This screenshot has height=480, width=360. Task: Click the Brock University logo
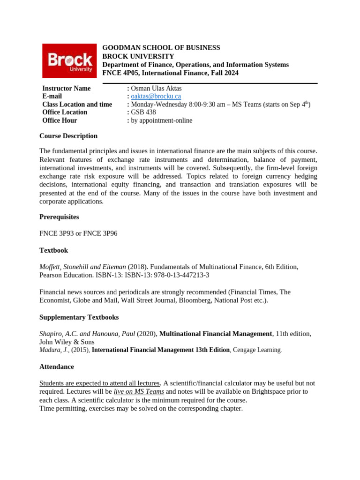tap(69, 61)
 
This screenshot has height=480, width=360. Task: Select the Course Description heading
tap(68, 136)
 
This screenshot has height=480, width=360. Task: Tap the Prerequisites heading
tap(59, 217)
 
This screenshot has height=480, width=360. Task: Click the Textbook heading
tap(53, 250)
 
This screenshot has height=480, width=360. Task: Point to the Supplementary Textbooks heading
tap(79, 317)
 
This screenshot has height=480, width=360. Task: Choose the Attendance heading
tap(56, 367)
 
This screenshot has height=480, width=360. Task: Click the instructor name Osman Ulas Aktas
tap(156, 89)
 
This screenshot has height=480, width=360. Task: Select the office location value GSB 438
tap(143, 112)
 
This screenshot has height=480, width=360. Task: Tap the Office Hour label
tap(60, 120)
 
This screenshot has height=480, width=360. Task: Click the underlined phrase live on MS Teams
tap(139, 391)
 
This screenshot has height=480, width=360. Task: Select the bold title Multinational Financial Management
tap(216, 334)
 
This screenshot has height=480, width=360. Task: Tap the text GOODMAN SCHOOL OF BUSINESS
tap(161, 48)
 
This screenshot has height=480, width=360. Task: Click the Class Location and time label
tap(77, 105)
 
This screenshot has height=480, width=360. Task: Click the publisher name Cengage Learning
tap(257, 350)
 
